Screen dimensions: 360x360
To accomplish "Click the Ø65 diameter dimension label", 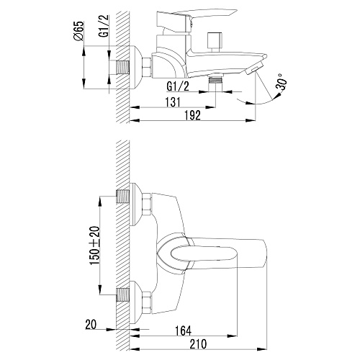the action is [x=78, y=31].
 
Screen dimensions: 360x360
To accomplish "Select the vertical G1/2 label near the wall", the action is [x=104, y=26].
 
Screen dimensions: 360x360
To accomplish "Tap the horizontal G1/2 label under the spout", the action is [x=178, y=86].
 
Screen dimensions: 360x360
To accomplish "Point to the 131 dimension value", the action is [x=173, y=102].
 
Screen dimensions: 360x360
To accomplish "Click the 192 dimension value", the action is [x=192, y=115].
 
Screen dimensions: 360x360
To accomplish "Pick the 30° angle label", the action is [x=282, y=82].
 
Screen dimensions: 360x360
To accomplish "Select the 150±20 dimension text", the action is [x=95, y=246].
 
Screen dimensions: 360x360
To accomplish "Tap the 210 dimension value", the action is [x=198, y=344].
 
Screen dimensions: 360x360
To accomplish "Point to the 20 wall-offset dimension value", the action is [x=91, y=325].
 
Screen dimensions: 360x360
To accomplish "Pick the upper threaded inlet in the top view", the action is [x=122, y=197].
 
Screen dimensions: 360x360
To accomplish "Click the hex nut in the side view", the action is [x=147, y=68].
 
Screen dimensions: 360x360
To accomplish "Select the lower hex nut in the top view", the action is [x=147, y=302].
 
